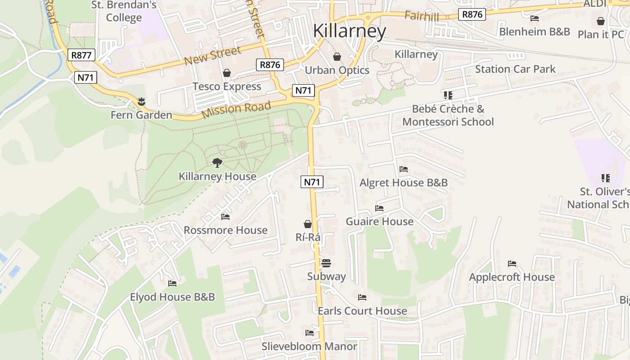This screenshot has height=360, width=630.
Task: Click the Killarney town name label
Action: [x=349, y=31]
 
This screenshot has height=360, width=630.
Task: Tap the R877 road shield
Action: [x=81, y=55]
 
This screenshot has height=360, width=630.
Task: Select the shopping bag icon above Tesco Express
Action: [x=227, y=73]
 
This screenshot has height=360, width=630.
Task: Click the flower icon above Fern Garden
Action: [x=142, y=101]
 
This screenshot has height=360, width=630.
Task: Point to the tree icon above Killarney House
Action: [x=217, y=162]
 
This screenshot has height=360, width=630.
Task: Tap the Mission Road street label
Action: [x=236, y=110]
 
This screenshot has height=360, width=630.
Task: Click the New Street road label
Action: [x=213, y=56]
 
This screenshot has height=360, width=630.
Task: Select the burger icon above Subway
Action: [x=326, y=263]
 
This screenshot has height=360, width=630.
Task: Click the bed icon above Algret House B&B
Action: [x=404, y=169]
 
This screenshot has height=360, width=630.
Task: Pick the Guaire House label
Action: [x=379, y=221]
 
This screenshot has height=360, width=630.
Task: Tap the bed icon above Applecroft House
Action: [x=512, y=263]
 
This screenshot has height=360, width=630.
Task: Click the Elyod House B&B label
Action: [x=172, y=297]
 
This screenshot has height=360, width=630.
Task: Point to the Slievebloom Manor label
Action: [x=310, y=346]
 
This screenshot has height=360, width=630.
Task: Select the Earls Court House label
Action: [x=362, y=311]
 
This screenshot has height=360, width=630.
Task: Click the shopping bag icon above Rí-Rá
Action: [x=308, y=224]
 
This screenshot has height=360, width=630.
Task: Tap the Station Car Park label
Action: [x=515, y=69]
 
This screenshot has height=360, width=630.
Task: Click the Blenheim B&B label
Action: [x=535, y=31]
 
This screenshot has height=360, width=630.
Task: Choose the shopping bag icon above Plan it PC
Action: [x=601, y=21]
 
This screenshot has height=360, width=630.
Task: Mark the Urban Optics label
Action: [x=337, y=70]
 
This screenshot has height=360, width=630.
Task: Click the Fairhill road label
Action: [x=422, y=16]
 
